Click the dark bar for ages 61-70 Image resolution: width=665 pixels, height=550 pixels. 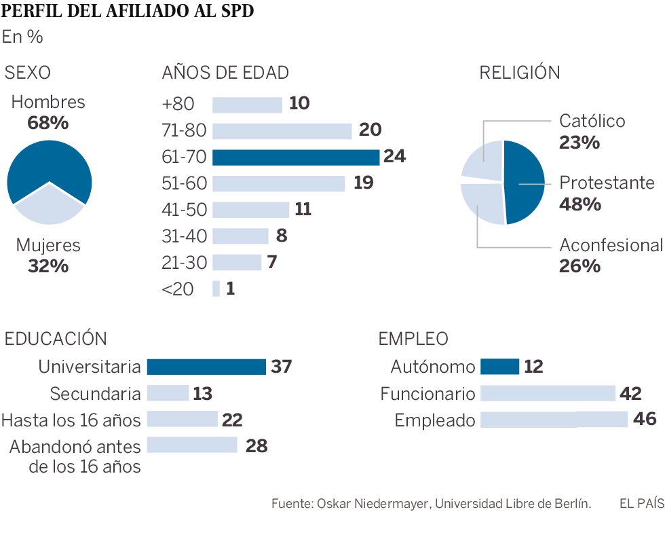(x=296, y=158)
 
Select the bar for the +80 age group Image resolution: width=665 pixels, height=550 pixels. (x=247, y=105)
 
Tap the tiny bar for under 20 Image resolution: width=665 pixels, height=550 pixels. (x=216, y=289)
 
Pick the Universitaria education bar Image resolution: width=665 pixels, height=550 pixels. (x=206, y=367)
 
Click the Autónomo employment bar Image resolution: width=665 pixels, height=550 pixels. (x=499, y=367)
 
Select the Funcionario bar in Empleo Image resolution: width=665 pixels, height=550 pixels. (x=547, y=393)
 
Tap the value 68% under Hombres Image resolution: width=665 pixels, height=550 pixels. (x=48, y=124)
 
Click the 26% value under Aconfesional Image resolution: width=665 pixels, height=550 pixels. (x=579, y=265)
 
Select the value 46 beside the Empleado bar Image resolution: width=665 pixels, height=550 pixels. (x=644, y=419)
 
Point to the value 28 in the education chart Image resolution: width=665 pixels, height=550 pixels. (x=257, y=446)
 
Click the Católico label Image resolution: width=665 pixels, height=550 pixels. (x=592, y=122)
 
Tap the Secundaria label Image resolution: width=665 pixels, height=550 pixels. (x=96, y=394)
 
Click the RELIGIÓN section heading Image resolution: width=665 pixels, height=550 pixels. (x=519, y=73)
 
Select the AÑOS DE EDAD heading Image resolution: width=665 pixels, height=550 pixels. (x=225, y=73)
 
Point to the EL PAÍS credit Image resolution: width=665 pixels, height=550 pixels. (x=641, y=504)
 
